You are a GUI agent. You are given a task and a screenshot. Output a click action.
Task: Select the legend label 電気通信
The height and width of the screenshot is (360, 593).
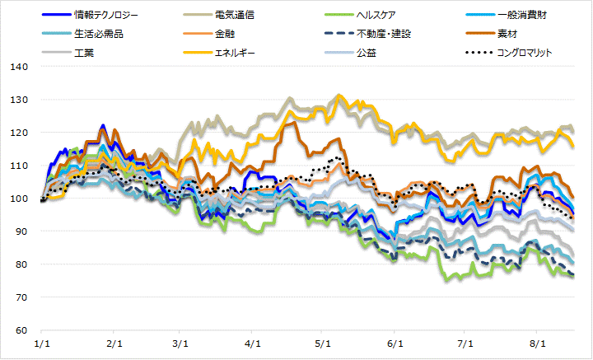234,15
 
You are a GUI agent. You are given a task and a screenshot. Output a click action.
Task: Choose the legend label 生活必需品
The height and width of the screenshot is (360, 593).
96,34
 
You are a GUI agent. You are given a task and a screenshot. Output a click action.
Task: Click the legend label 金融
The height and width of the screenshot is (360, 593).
224,34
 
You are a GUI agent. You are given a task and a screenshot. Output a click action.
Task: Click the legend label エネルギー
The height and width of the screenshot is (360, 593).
238,53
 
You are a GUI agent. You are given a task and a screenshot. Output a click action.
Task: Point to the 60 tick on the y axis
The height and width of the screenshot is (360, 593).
21,330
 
